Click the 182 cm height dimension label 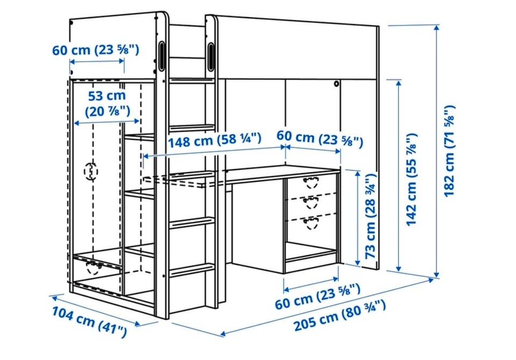pos(450,150)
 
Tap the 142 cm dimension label pos(411,179)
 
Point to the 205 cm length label pos(339,315)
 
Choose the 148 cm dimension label pos(214,140)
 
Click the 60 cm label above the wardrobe pos(96,50)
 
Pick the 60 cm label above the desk pos(319,139)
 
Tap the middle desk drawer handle pos(311,202)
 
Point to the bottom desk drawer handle pos(311,222)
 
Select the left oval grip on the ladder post pos(162,55)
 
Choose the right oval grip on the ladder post pos(211,56)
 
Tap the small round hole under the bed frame pos(336,84)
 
